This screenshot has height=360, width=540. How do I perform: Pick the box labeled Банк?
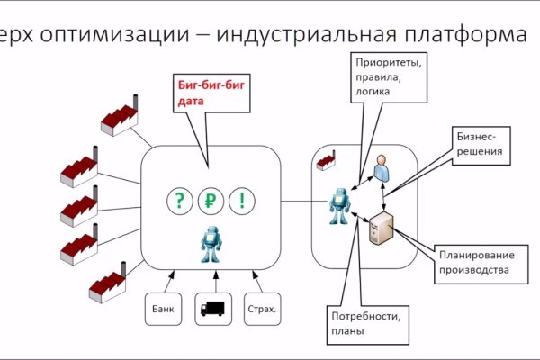[x=163, y=309]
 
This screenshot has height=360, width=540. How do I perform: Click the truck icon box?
[x=212, y=309]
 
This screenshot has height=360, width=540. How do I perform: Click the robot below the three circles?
[x=211, y=244]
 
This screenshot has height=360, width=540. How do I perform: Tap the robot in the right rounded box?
[x=339, y=209]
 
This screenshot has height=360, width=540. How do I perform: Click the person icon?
[x=382, y=168]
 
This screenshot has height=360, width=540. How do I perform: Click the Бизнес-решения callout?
[x=484, y=146]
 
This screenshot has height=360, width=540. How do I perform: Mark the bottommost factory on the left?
[x=106, y=284]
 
